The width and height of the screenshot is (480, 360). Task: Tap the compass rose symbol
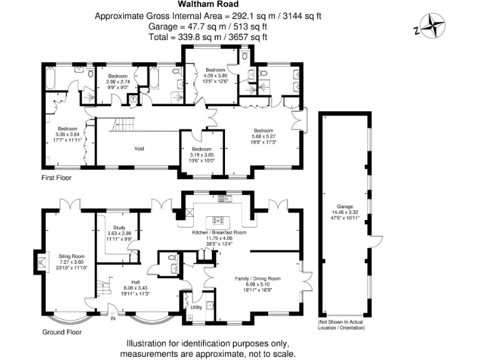(432, 27)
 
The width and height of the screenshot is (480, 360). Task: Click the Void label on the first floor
(140, 149)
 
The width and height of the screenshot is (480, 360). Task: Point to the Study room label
(120, 227)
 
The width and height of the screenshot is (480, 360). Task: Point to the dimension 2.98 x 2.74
(117, 82)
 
